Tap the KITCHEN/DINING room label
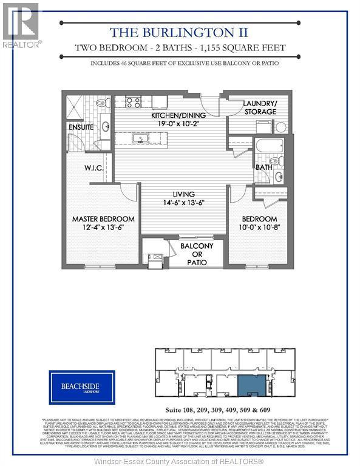tap(178, 115)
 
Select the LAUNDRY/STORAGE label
tap(259, 107)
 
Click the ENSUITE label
tap(81, 127)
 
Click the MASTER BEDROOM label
tap(103, 218)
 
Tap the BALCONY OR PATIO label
tap(193, 254)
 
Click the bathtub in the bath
tap(270, 146)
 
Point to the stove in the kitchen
tap(134, 102)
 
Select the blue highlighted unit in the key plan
tap(250, 386)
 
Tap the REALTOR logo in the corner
tap(21, 25)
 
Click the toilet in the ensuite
tap(103, 103)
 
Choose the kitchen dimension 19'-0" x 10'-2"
tap(178, 124)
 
